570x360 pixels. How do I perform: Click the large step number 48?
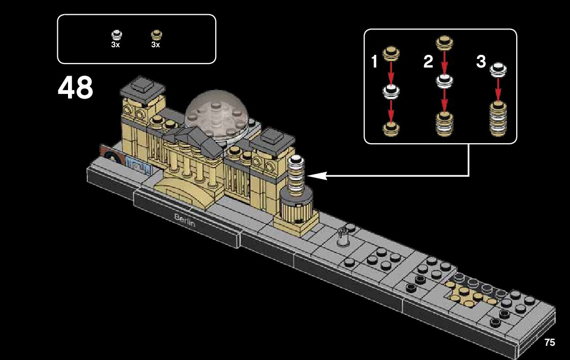pyautogui.click(x=76, y=88)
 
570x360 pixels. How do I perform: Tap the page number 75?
pyautogui.click(x=549, y=342)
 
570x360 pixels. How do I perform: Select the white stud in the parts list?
pyautogui.click(x=116, y=35)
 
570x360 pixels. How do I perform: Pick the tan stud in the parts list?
pyautogui.click(x=156, y=35)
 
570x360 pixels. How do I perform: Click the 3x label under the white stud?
pyautogui.click(x=115, y=45)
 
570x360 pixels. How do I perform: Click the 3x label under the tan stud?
pyautogui.click(x=155, y=45)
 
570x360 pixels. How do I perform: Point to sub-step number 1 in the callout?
pyautogui.click(x=375, y=62)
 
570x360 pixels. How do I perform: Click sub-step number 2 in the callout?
pyautogui.click(x=428, y=62)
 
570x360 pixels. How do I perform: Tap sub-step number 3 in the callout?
pyautogui.click(x=481, y=62)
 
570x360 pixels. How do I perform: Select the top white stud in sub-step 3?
pyautogui.click(x=498, y=70)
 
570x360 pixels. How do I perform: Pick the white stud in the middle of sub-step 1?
pyautogui.click(x=390, y=91)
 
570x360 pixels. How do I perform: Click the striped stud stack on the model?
pyautogui.click(x=296, y=175)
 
